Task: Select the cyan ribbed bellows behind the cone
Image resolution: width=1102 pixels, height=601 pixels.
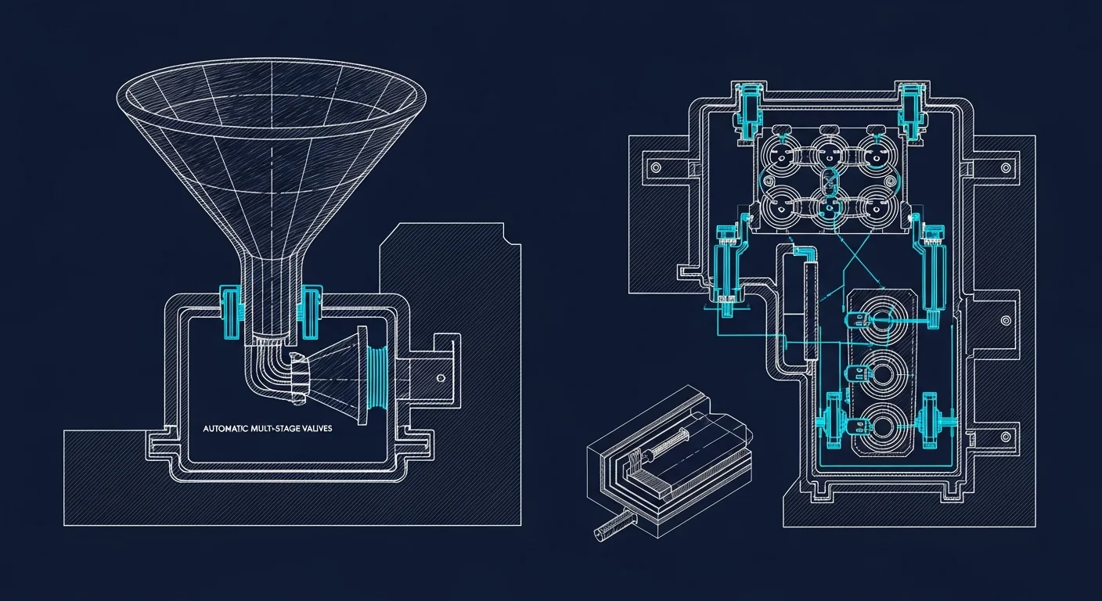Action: [378, 376]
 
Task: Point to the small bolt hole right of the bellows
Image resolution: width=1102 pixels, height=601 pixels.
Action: [441, 378]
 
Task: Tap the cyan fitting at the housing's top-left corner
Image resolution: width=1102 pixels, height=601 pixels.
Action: [748, 111]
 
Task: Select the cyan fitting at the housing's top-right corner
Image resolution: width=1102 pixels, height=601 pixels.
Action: [912, 110]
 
